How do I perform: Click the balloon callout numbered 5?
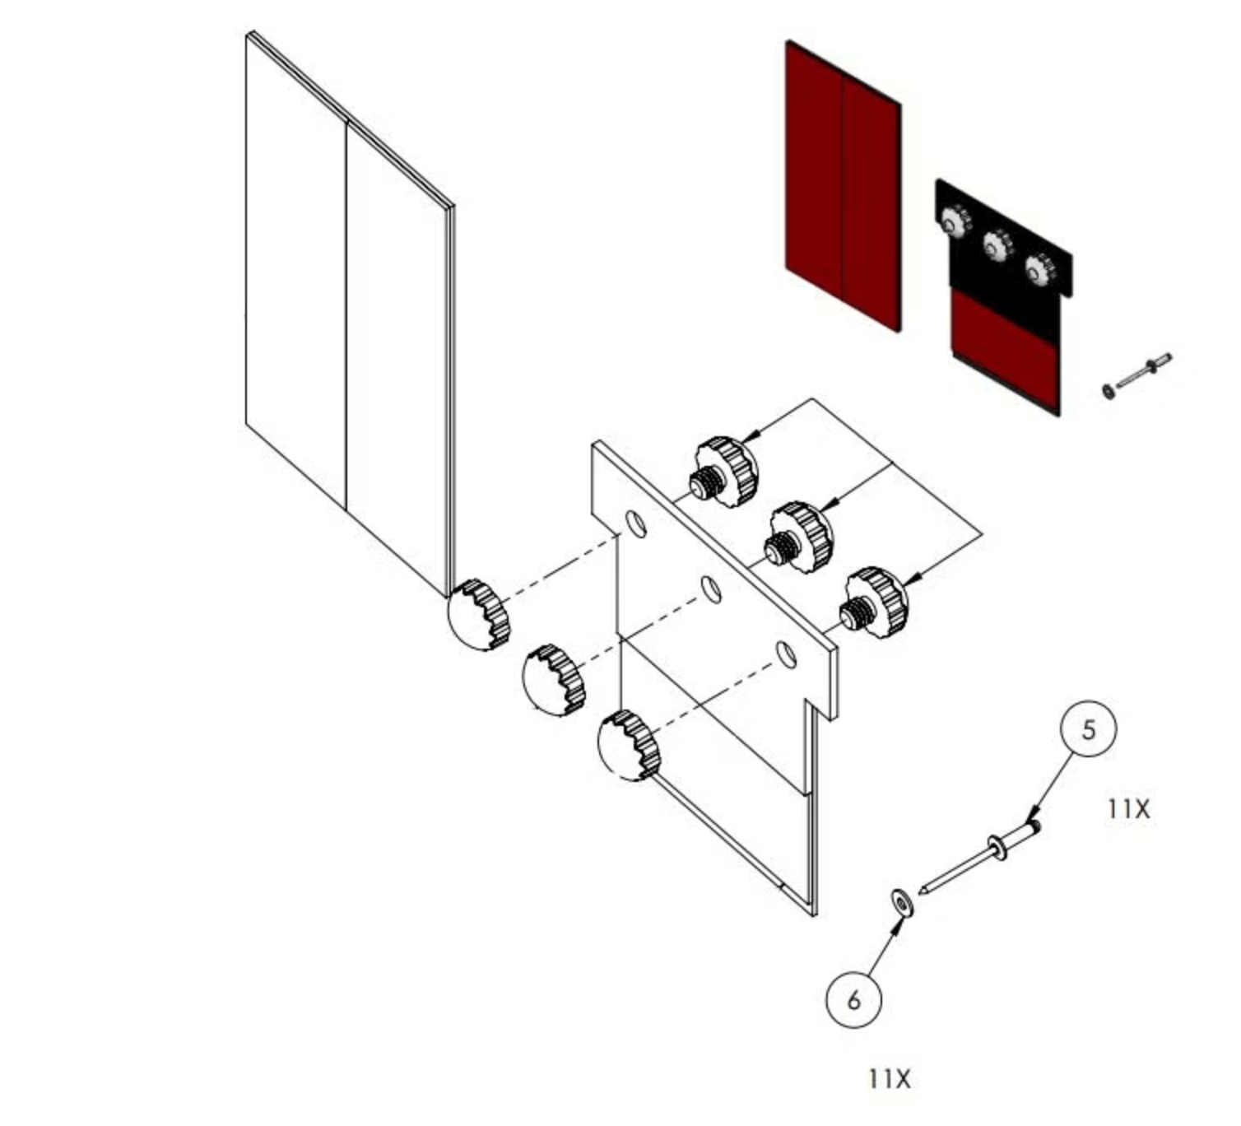1088,729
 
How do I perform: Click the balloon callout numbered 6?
853,999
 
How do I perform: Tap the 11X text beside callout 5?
1127,809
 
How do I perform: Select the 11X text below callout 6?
889,1078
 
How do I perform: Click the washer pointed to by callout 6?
904,903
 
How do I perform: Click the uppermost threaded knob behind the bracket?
724,472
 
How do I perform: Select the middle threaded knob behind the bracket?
799,537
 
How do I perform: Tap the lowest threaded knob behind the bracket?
873,603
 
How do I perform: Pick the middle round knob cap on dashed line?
552,681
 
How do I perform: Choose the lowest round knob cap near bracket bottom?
628,745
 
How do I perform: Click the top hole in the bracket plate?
636,523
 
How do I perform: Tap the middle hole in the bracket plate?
712,589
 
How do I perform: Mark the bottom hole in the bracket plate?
788,655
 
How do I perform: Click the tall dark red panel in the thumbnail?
843,185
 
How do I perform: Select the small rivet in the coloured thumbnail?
1137,375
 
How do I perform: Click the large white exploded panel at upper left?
346,313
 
